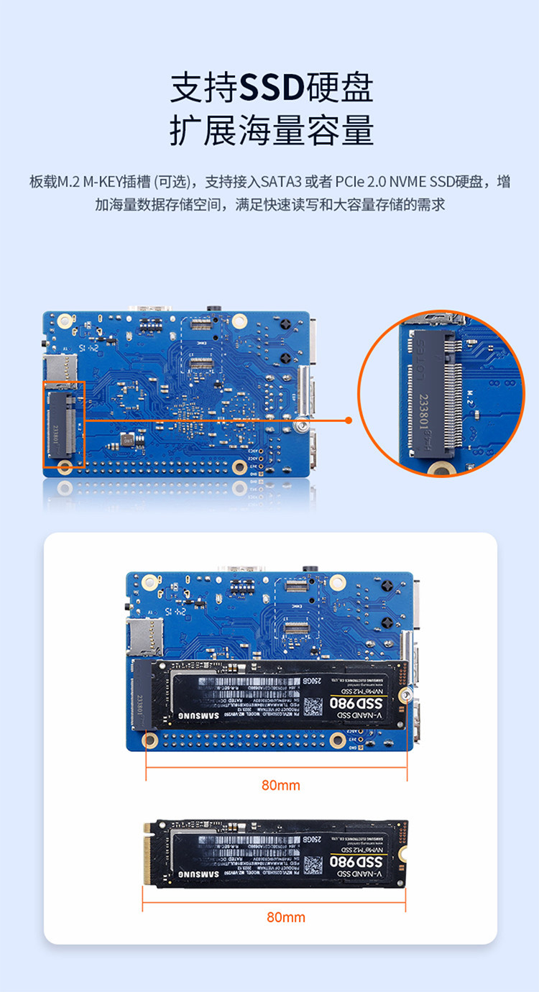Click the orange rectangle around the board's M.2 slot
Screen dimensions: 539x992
click(x=64, y=425)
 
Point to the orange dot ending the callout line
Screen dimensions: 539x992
click(x=349, y=421)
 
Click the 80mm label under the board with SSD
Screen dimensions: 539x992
click(x=280, y=785)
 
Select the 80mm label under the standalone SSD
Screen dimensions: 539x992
click(x=285, y=917)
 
